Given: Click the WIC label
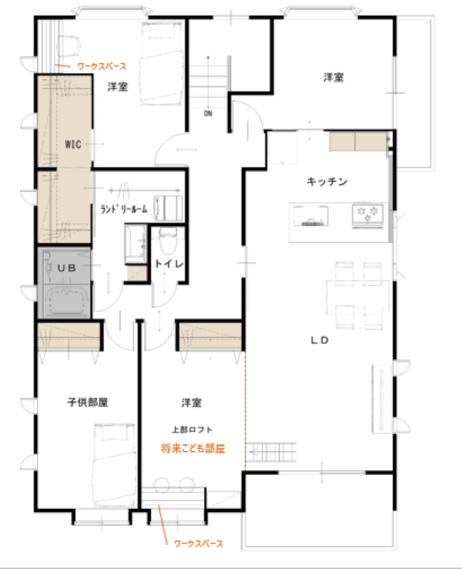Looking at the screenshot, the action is click(x=73, y=144).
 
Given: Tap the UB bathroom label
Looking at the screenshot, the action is click(x=67, y=268).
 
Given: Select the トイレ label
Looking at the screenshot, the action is click(x=169, y=264).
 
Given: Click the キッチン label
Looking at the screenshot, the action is click(x=326, y=181).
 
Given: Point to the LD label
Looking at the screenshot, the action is click(x=320, y=340).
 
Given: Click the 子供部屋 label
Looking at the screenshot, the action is click(x=88, y=402).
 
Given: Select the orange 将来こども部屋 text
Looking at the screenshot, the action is click(x=193, y=449).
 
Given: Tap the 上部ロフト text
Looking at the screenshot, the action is click(x=192, y=429).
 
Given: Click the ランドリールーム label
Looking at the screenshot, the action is click(x=124, y=209).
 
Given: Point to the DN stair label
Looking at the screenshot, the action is click(x=208, y=113).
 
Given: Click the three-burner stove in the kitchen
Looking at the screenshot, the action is click(x=368, y=216).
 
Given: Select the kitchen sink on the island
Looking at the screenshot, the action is click(x=311, y=216).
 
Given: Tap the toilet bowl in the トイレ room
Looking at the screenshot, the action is click(x=168, y=241).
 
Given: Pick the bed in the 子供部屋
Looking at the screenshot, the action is click(x=114, y=465).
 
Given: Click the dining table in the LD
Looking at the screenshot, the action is click(x=358, y=298).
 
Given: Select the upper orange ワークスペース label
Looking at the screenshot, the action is click(x=102, y=66).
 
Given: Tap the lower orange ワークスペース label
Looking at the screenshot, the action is click(x=199, y=544).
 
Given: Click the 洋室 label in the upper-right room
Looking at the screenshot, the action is click(x=333, y=77).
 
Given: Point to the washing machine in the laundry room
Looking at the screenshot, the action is click(x=169, y=208).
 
